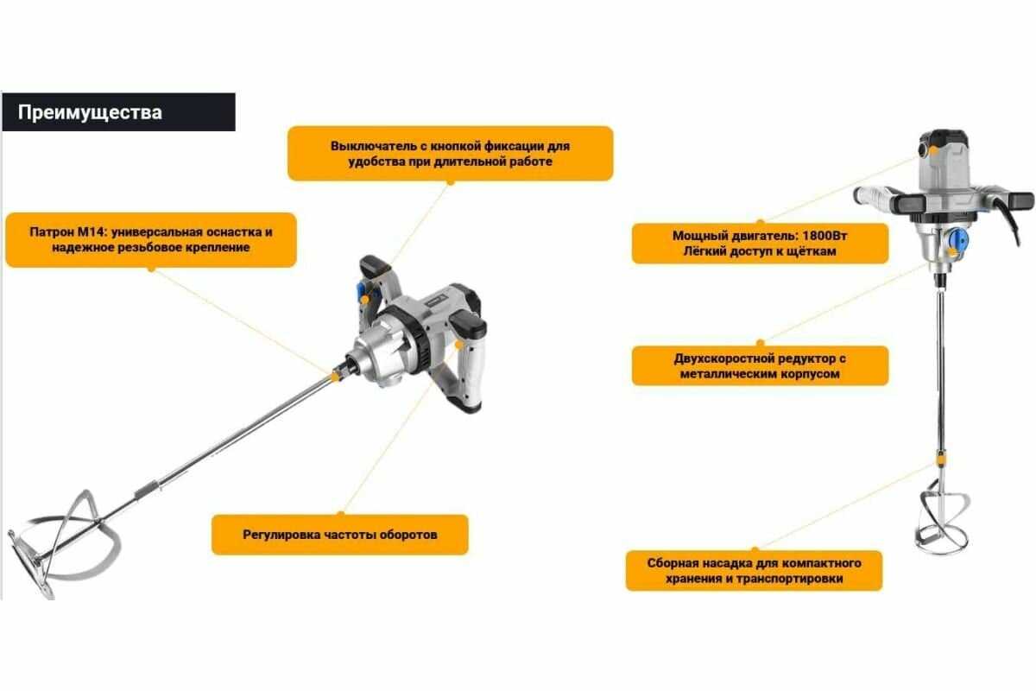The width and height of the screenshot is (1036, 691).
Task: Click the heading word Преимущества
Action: click(x=90, y=112)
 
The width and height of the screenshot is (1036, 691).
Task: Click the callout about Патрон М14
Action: click(x=151, y=240)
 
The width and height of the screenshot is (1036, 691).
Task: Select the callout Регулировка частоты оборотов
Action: click(x=340, y=535)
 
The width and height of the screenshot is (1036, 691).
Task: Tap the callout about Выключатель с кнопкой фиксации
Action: click(x=450, y=154)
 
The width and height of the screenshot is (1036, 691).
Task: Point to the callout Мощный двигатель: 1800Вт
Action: click(x=760, y=244)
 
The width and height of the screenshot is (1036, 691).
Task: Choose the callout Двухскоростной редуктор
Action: click(x=760, y=365)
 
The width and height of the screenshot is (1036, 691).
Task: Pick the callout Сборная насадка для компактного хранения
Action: click(x=754, y=571)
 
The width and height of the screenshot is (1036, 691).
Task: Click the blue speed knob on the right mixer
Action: click(x=957, y=240)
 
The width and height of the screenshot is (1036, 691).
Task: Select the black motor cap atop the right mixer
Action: click(x=944, y=138)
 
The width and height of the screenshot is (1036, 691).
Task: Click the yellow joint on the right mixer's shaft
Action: click(x=941, y=460)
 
